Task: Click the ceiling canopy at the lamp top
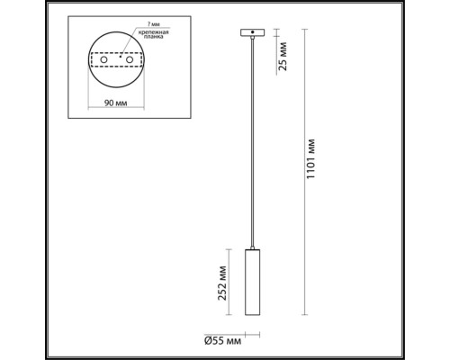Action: [x=250, y=34]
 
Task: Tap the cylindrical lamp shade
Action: [x=250, y=284]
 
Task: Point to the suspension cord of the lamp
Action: [x=250, y=144]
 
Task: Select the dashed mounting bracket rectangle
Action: [x=116, y=60]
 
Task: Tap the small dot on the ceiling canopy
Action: [x=255, y=32]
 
